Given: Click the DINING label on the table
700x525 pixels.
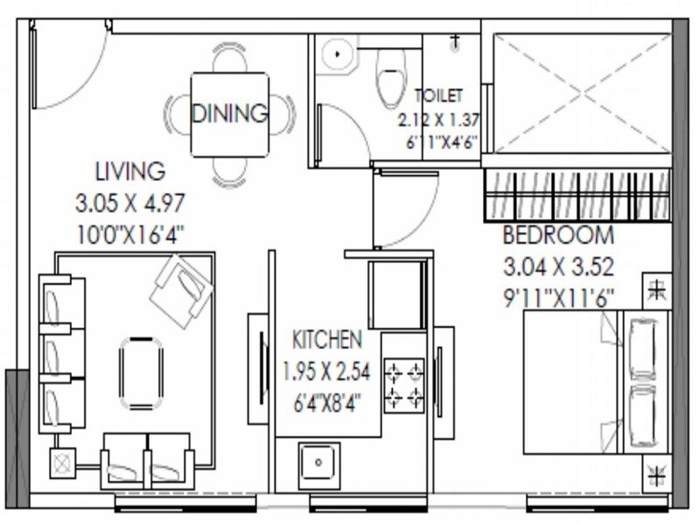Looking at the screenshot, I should pos(229,114).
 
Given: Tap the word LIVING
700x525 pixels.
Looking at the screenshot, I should pos(130,169).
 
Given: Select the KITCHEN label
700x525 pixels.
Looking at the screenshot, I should pos(326,339).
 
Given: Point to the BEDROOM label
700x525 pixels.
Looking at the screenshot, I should pos(557,235).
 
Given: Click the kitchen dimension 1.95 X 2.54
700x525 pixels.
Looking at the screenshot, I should pos(326,371).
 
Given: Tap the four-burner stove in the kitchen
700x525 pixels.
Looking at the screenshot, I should pos(404,385).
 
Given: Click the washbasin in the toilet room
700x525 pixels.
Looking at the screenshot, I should pos(333,55).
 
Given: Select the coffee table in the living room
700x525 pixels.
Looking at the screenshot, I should pos(141,373).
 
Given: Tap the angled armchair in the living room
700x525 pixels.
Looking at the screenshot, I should pos(181,290).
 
